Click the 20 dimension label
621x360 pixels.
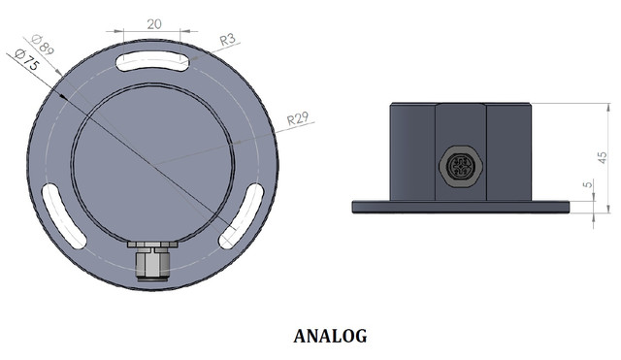pos(154,24)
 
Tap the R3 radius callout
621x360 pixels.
pos(227,40)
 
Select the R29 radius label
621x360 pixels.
pos(298,118)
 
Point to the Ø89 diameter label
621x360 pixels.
pos(43,45)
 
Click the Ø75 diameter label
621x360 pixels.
pos(26,59)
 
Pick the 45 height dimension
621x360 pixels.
pos(602,157)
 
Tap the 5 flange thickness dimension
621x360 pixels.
pos(588,184)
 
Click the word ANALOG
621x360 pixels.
pos(330,337)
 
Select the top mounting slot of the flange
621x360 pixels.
pos(152,61)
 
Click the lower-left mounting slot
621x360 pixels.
pos(63,215)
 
